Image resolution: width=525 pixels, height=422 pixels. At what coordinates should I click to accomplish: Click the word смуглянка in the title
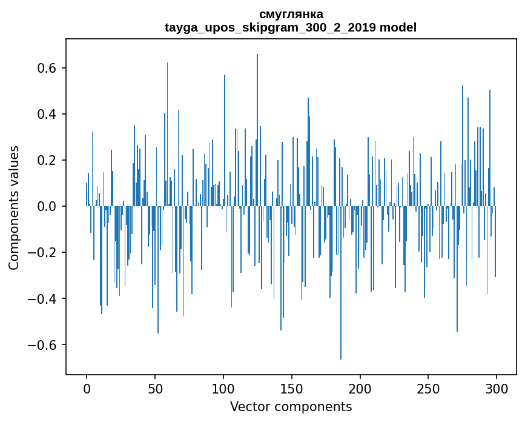tap(291, 14)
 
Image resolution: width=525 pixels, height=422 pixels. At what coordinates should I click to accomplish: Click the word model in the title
tap(398, 27)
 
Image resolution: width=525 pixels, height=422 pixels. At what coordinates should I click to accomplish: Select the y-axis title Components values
tap(14, 207)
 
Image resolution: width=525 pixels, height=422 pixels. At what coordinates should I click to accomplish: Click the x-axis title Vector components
tap(291, 406)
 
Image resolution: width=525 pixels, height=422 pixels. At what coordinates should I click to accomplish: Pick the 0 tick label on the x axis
tap(87, 388)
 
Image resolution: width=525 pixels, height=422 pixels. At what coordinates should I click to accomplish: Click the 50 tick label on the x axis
tap(155, 388)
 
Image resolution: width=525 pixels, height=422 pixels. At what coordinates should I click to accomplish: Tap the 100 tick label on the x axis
tap(223, 388)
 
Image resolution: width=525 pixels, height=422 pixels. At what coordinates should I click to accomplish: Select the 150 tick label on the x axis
tap(292, 388)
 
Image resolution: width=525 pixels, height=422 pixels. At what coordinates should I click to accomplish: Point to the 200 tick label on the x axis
tap(360, 388)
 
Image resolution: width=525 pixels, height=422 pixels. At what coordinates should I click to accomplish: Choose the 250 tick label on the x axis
tap(429, 388)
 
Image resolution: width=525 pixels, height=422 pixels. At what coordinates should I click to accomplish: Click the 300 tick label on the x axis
tap(497, 388)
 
